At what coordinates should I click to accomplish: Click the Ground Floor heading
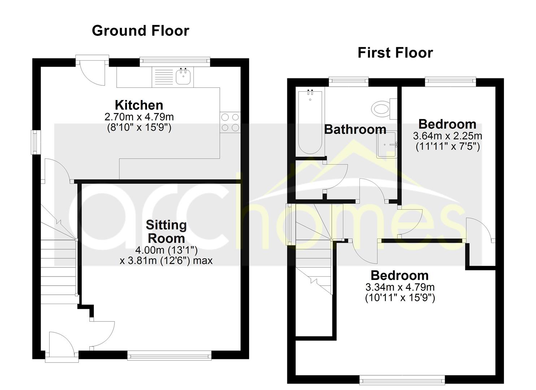(140, 31)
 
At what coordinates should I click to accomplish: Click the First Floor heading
(395, 53)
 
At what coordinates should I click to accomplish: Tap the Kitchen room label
(139, 105)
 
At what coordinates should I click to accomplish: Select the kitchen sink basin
(183, 76)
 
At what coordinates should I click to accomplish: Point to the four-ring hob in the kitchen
(230, 122)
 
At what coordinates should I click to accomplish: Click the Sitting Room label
(166, 231)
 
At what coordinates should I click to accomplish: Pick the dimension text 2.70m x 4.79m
(139, 117)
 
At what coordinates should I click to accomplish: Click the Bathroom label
(355, 129)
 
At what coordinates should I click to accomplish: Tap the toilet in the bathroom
(382, 108)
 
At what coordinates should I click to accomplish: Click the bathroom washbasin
(387, 144)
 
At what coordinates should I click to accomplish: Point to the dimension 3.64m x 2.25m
(447, 136)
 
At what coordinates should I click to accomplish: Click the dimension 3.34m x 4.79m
(400, 287)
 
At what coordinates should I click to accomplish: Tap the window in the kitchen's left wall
(35, 142)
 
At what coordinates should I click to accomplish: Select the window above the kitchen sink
(175, 61)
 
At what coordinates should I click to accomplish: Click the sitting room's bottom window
(169, 356)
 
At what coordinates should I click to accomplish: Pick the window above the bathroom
(348, 81)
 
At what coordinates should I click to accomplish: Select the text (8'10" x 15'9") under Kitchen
(139, 127)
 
